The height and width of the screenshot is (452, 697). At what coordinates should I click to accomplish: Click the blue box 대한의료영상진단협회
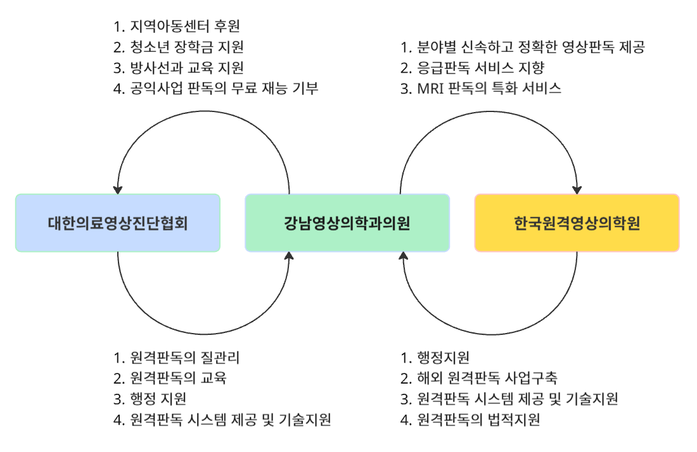click(x=118, y=223)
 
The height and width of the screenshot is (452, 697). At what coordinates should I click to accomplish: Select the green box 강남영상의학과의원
click(x=347, y=223)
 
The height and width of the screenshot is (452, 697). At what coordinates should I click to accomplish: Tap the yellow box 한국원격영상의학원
click(x=577, y=223)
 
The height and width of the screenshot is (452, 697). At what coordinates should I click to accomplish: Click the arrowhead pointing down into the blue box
click(x=118, y=190)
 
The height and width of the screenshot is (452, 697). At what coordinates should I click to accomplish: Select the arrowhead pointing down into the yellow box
click(x=577, y=190)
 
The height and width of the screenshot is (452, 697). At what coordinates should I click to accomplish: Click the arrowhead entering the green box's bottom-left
click(x=289, y=256)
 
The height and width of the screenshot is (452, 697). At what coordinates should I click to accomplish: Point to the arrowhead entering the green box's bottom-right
click(x=404, y=256)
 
